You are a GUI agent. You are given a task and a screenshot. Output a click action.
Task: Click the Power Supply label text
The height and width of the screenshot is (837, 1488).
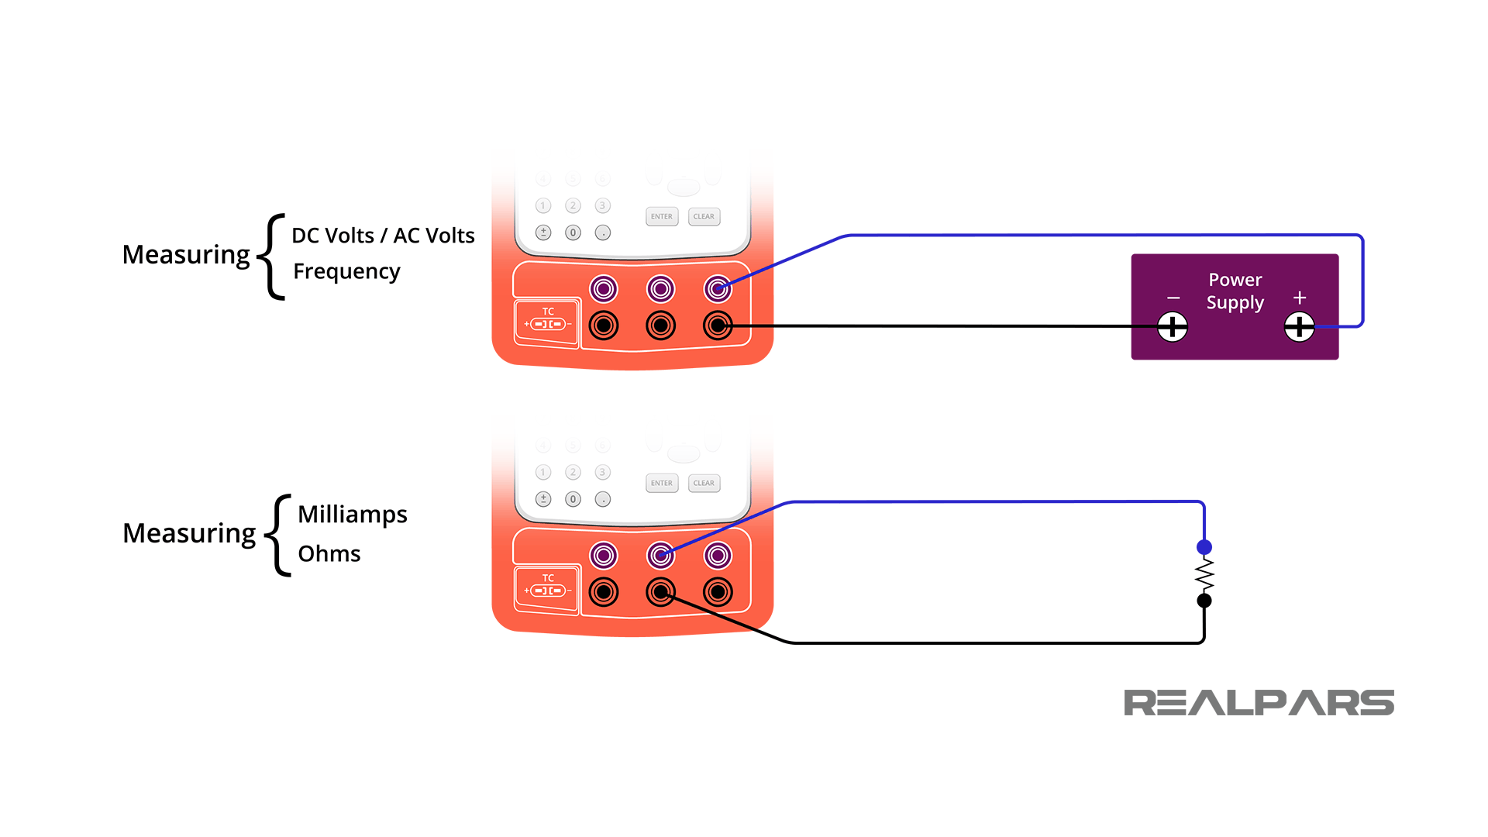[x=1235, y=291]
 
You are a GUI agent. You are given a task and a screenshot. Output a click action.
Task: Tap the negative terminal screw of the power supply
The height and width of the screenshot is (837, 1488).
[x=1173, y=326]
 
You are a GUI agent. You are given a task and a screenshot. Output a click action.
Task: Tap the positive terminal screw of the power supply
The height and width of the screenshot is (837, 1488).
[x=1299, y=326]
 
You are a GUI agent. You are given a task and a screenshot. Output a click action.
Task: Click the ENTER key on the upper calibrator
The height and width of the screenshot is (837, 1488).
[x=662, y=217]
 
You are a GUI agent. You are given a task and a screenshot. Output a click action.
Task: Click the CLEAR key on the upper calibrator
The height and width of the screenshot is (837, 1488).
[x=704, y=217]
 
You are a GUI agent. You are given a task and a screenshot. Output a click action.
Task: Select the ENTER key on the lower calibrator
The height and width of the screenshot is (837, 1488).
[x=662, y=484]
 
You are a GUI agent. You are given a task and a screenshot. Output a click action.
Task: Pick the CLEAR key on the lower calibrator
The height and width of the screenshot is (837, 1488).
[x=704, y=484]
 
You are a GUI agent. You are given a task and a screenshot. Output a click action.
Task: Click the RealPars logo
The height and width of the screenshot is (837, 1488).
[x=1259, y=703]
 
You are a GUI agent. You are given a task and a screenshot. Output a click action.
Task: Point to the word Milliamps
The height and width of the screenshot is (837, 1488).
[x=353, y=515]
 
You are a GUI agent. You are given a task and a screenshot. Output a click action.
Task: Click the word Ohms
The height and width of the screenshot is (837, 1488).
[x=329, y=553]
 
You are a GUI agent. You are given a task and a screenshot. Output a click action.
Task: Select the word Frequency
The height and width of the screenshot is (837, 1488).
[x=346, y=271]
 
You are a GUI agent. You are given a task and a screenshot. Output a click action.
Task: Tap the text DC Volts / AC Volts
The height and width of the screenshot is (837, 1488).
[x=383, y=236]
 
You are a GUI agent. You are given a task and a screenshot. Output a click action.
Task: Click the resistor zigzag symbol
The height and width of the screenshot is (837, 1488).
[x=1204, y=575]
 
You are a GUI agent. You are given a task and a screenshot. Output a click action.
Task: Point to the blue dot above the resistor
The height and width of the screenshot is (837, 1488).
[x=1204, y=547]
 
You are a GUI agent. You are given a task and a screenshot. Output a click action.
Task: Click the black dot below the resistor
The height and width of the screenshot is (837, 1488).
[x=1204, y=601]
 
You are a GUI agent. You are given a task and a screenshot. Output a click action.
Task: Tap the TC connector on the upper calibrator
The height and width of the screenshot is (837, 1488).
[x=547, y=322]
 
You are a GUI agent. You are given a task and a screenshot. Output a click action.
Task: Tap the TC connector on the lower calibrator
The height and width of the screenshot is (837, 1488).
[x=547, y=588]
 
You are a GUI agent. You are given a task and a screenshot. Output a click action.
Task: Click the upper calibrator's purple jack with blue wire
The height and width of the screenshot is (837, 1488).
[x=718, y=289]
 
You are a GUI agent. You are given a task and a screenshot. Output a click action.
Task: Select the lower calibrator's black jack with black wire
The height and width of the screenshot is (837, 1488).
[x=660, y=593]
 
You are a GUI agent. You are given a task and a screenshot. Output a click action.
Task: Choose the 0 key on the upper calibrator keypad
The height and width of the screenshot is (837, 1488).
[x=573, y=232]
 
